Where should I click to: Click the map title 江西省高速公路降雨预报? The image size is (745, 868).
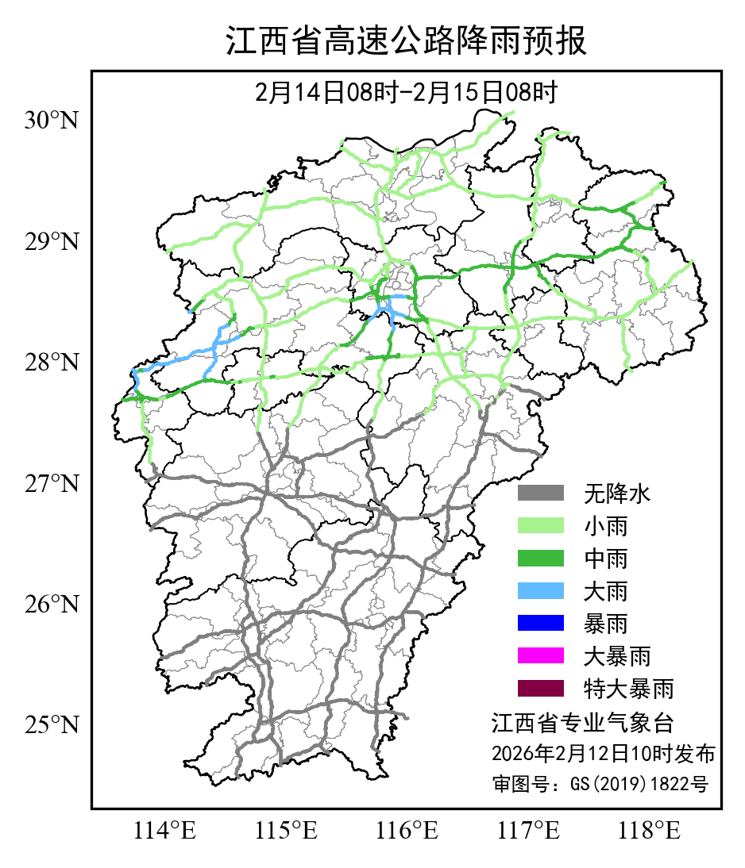click(406, 41)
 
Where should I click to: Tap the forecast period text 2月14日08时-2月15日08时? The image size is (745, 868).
click(406, 93)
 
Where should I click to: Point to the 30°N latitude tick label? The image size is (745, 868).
click(52, 121)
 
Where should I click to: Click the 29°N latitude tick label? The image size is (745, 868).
click(52, 241)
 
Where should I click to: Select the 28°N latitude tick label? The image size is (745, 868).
click(52, 363)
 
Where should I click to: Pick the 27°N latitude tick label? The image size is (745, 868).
click(52, 483)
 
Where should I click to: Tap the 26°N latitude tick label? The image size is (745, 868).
click(52, 605)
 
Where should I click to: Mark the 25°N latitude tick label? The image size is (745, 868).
click(52, 725)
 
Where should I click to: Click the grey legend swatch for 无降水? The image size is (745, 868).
click(540, 494)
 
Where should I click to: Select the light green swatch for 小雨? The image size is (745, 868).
click(540, 526)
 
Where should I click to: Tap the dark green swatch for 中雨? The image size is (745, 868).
click(540, 559)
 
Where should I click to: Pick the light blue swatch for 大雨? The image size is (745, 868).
click(540, 591)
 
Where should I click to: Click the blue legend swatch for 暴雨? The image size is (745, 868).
click(540, 624)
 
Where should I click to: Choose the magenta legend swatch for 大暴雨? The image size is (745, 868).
click(540, 656)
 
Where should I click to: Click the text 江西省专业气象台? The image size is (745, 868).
click(582, 724)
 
